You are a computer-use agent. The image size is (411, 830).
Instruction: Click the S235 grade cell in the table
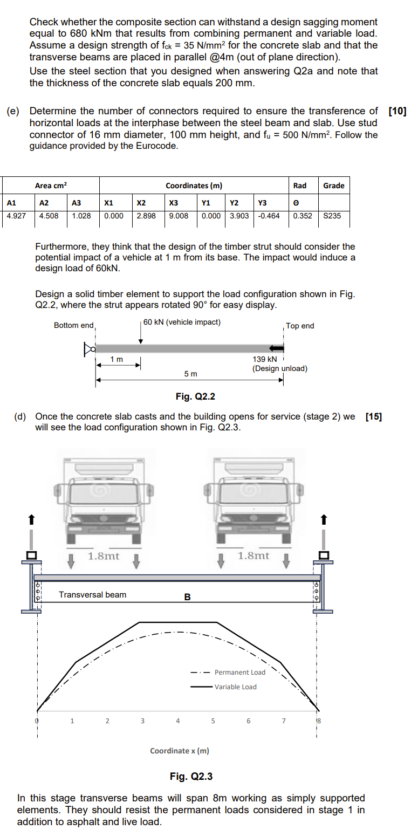click(x=333, y=216)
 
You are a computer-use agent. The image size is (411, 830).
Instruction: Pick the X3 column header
click(x=174, y=203)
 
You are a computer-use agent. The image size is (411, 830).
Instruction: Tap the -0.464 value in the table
click(x=269, y=216)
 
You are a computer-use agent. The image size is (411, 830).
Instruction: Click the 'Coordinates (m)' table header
click(x=194, y=186)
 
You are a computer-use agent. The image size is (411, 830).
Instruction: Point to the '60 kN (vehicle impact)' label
click(x=182, y=323)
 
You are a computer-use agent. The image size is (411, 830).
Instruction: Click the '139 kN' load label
click(x=264, y=359)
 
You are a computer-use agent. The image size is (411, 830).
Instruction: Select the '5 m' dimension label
click(x=190, y=374)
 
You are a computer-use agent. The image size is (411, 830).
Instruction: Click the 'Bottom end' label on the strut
click(x=73, y=325)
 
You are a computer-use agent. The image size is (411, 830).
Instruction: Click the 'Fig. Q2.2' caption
click(x=195, y=397)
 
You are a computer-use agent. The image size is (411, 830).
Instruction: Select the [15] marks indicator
click(x=373, y=416)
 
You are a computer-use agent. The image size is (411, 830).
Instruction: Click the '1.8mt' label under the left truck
click(x=104, y=555)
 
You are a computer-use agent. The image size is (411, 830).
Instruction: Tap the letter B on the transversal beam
click(x=187, y=597)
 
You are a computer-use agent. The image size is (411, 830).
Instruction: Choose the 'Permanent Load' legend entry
click(x=239, y=673)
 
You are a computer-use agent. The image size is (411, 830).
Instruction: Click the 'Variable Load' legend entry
click(x=235, y=687)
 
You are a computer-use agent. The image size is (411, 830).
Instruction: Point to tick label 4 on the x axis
click(x=177, y=721)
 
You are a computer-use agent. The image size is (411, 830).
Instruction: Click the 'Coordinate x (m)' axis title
click(x=179, y=751)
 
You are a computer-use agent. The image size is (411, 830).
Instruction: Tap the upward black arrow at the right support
click(x=324, y=519)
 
